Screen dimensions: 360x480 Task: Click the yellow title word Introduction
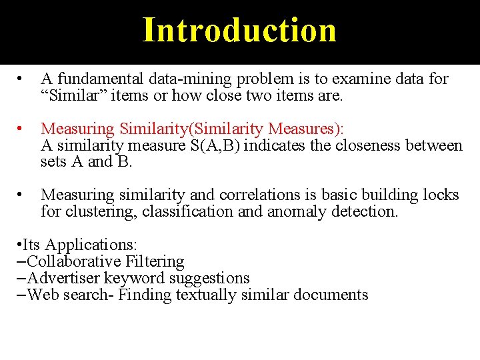coord(239,31)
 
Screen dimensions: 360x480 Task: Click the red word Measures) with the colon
coord(312,128)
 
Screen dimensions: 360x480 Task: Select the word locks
coord(439,195)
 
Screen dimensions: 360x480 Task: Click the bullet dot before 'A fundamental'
coord(23,79)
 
